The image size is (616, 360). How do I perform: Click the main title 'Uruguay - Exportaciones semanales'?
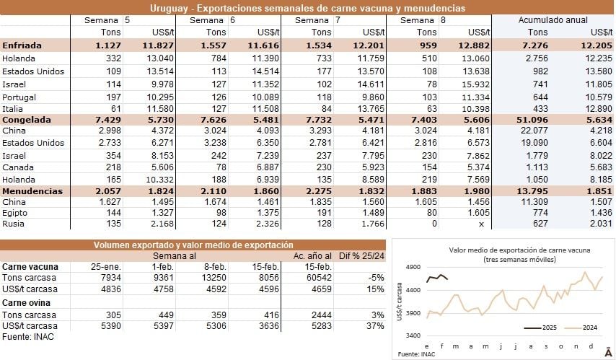point(307,7)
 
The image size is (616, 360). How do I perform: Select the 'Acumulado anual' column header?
point(553,20)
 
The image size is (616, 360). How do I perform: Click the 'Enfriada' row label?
point(22,45)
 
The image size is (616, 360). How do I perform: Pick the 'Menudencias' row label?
point(32,190)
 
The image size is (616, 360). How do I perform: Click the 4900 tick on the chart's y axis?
point(413,267)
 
